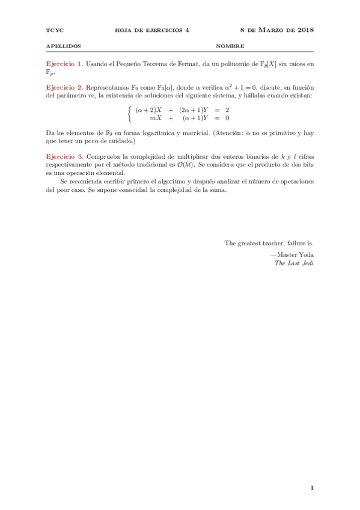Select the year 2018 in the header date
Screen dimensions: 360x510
305,29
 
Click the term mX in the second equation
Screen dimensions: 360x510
157,118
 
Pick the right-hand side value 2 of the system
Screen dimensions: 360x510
227,109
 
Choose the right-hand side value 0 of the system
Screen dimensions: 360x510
227,118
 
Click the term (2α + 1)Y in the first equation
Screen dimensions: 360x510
194,109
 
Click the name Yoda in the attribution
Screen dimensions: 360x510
305,254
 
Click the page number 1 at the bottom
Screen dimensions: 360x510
312,488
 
